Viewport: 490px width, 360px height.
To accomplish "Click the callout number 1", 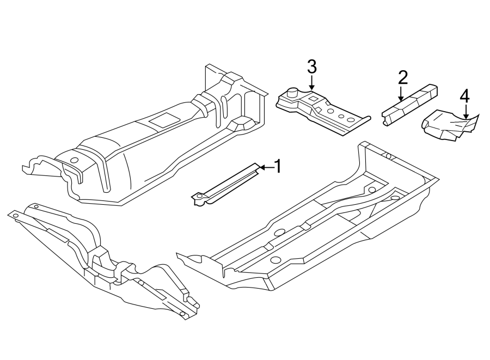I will tap(277, 167).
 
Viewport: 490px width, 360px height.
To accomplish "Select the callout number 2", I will tap(402, 77).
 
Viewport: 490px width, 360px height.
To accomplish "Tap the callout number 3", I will tap(311, 67).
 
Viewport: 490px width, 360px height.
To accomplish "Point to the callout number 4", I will tap(464, 96).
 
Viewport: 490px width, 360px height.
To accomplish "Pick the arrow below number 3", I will tap(311, 83).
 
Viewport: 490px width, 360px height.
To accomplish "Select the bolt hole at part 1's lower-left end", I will tap(200, 196).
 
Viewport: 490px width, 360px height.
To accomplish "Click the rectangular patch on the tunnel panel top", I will tap(163, 121).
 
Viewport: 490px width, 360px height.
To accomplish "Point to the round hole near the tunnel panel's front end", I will tap(74, 160).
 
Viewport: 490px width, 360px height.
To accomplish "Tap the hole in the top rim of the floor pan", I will tap(388, 156).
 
